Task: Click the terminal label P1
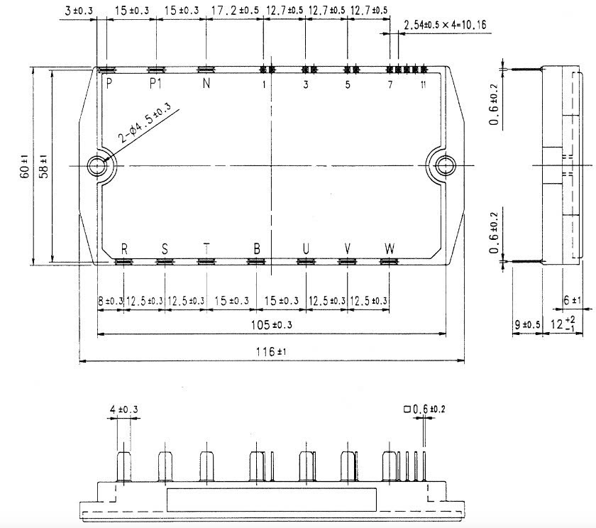tap(156, 84)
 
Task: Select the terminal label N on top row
tap(206, 84)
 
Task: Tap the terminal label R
tap(124, 249)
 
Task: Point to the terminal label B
tap(257, 249)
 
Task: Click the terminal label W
tap(390, 249)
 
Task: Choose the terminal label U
tap(306, 249)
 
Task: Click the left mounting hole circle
tap(96, 166)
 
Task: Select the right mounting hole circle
tap(445, 166)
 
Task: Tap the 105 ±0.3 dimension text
tap(272, 325)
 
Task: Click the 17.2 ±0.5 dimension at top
tap(236, 11)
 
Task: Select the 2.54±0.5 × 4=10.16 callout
tap(444, 26)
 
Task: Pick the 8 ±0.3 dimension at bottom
tap(110, 301)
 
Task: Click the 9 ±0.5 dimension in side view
tap(526, 325)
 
